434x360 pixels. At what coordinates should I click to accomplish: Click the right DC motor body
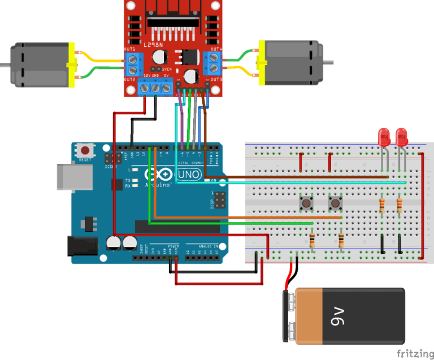tap(291, 62)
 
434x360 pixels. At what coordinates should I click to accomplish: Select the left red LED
tap(384, 137)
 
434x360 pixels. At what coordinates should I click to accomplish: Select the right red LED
tap(401, 137)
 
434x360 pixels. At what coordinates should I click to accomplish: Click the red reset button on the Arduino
tap(85, 151)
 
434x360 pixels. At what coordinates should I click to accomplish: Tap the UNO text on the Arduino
tap(189, 175)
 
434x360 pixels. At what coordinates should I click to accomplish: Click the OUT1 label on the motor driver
tap(130, 49)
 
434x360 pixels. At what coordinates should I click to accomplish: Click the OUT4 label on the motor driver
tap(215, 49)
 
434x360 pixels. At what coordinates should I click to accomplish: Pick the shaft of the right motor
tap(326, 62)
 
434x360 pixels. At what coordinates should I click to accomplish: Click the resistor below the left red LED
tap(383, 205)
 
